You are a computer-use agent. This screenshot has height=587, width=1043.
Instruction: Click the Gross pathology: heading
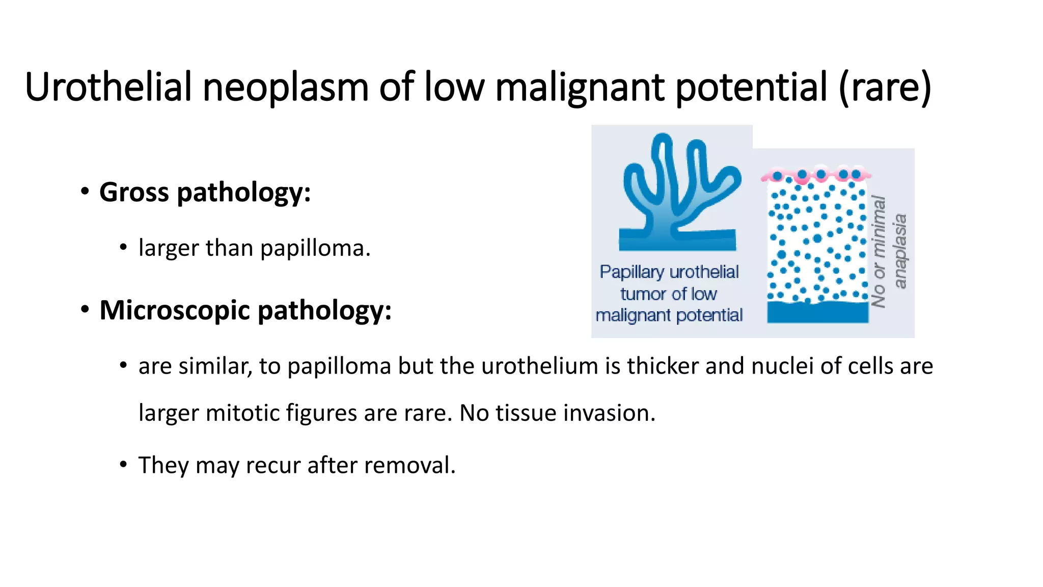coord(205,192)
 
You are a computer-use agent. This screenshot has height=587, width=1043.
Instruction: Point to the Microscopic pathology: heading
coord(245,310)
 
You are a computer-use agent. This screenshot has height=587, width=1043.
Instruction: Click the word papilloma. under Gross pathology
coord(315,248)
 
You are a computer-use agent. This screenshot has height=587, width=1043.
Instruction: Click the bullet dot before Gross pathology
coord(85,192)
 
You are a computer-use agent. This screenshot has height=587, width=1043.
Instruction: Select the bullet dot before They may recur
coord(123,465)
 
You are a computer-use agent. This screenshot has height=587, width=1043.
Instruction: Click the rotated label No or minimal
coord(880,252)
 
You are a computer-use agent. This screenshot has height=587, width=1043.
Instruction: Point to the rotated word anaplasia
coord(900,251)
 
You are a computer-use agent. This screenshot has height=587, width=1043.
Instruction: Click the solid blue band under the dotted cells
coord(818,312)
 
